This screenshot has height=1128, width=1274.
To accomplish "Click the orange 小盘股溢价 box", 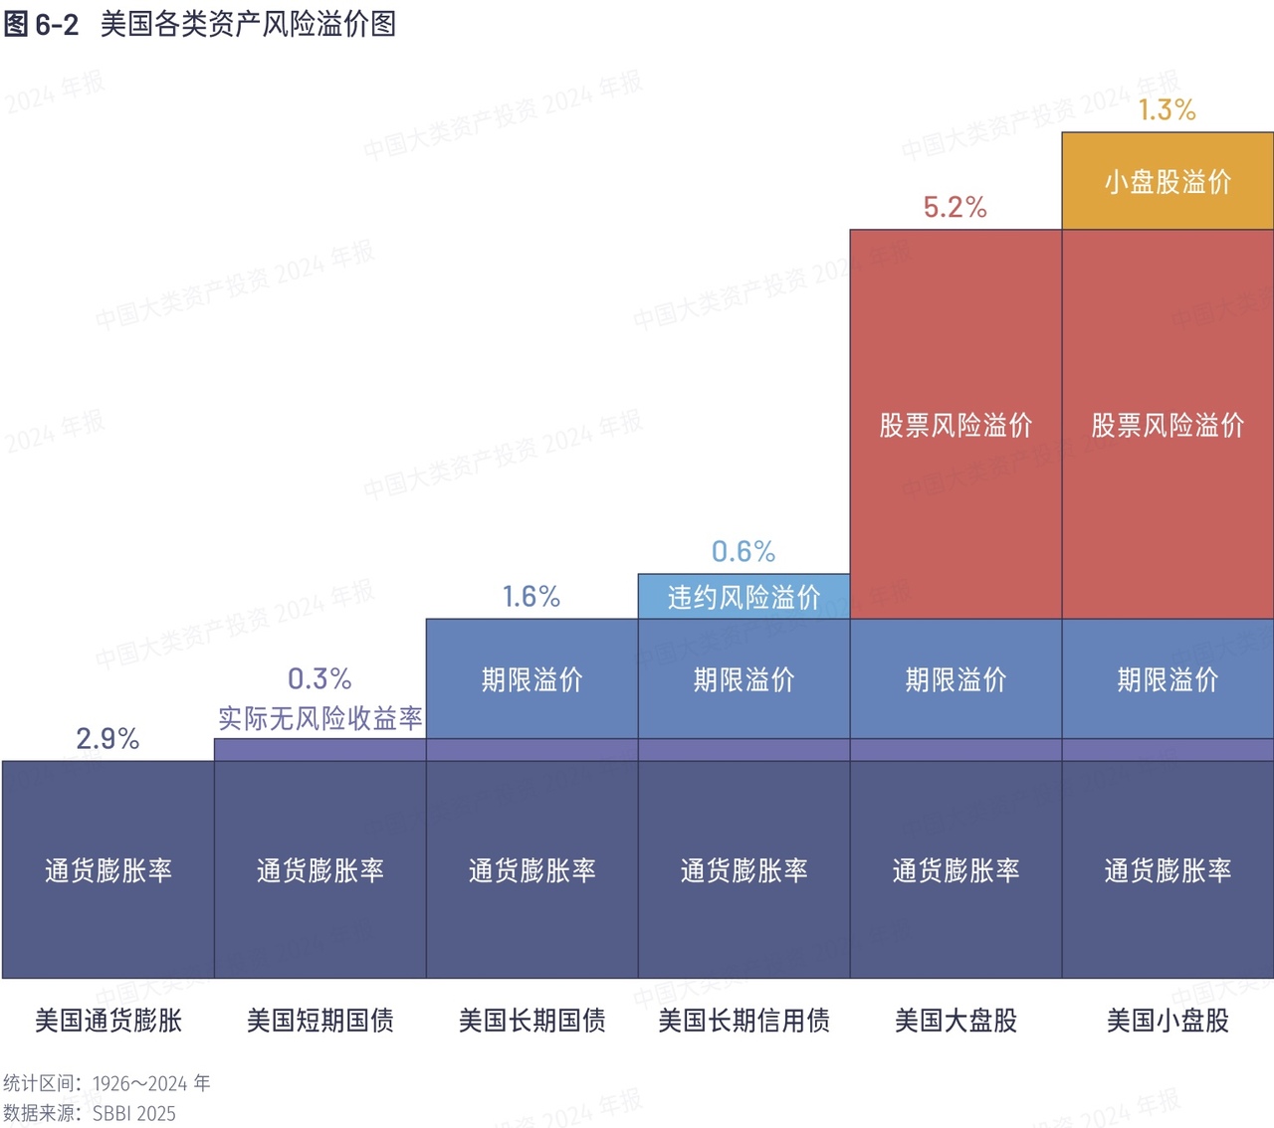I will tap(1168, 181).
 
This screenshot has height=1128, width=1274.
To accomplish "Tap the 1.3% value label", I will tap(1168, 109).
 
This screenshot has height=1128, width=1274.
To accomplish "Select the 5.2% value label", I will tap(955, 207).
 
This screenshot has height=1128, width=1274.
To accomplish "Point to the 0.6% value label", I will tap(743, 551).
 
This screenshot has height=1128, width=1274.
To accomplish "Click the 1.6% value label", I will tap(531, 596).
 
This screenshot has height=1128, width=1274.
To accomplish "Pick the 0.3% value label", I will tap(319, 678).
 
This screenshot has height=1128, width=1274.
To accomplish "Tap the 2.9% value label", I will tap(107, 738).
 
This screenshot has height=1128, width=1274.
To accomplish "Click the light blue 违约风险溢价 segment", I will tap(743, 597).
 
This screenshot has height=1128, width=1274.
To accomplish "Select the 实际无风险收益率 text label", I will tap(319, 718).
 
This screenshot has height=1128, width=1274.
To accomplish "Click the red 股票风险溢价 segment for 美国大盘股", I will tap(955, 425).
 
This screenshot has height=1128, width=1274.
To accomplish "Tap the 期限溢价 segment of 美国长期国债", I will tap(531, 679).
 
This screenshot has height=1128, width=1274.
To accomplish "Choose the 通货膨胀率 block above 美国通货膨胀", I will tap(107, 870).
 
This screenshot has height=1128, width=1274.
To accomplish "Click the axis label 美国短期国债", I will tap(319, 1021).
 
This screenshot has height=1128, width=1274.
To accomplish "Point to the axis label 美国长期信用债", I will tap(743, 1021).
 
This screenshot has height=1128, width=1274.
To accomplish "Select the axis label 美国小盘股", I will tap(1168, 1021).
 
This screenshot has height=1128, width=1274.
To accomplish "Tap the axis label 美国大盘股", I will tap(955, 1021).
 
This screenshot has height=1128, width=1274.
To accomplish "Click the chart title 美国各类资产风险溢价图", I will tap(248, 24).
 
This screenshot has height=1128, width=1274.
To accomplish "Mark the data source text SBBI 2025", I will tap(134, 1113).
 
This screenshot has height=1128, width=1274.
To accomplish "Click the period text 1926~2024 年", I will tap(151, 1083).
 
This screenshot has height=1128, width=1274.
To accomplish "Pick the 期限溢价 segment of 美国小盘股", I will tap(1168, 679).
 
